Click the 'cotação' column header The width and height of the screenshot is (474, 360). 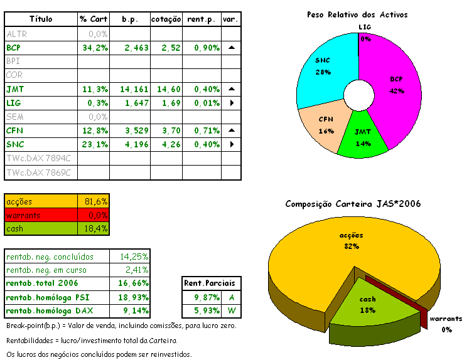[x=166, y=20]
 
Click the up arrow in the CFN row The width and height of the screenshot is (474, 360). [x=231, y=130]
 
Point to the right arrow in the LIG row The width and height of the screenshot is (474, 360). [x=231, y=103]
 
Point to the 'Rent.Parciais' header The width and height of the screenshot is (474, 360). [x=213, y=283]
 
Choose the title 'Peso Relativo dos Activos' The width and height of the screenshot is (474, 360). [x=357, y=14]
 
